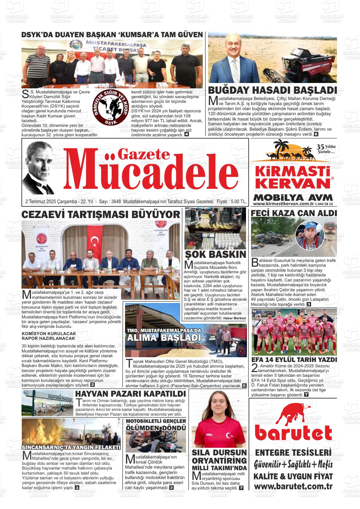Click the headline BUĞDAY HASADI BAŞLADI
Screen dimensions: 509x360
(x=272, y=90)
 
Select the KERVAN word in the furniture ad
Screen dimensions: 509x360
(x=292, y=183)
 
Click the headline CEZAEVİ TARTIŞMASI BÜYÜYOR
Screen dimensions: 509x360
(x=100, y=215)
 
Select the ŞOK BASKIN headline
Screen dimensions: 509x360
(x=215, y=254)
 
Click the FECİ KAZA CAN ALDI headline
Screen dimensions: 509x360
(x=294, y=213)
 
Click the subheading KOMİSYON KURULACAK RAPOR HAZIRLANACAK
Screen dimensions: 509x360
(x=49, y=336)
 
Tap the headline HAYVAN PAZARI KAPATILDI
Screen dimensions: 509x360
(x=130, y=394)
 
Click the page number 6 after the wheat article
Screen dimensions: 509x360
(x=316, y=134)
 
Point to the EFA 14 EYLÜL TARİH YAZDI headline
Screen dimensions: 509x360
(x=294, y=360)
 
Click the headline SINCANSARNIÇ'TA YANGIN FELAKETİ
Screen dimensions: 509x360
(x=71, y=447)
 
